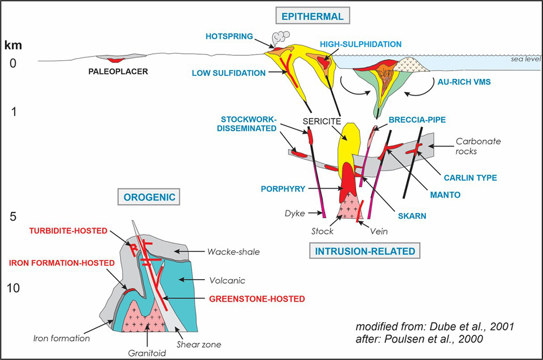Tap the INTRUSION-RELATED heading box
(363, 251)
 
